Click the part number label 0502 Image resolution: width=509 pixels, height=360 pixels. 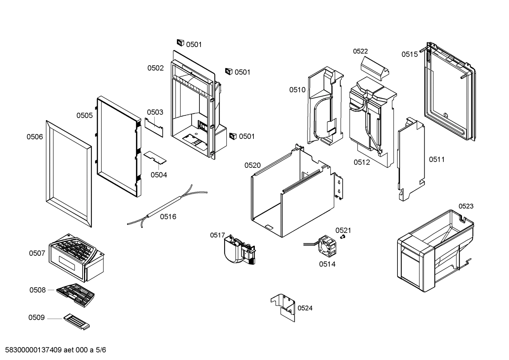pos(155,68)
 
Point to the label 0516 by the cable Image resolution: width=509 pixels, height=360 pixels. pos(168,217)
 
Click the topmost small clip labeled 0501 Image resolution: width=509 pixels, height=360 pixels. pos(180,43)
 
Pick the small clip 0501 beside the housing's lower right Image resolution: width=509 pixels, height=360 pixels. pos(233,136)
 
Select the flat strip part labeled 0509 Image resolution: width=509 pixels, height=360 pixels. pos(77,322)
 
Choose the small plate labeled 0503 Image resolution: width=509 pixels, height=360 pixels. pos(154,127)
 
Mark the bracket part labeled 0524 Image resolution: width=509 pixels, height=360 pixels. pos(283,306)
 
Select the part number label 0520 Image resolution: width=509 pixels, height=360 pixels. pos(252,165)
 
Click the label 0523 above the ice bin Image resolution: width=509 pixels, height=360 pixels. pos(466,206)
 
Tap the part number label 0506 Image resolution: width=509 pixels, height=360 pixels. pos(35,137)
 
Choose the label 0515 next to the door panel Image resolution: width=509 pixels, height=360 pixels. pos(409,54)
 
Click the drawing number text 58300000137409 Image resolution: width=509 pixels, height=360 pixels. pos(34,350)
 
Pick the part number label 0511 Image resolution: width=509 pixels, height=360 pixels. pos(437,160)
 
